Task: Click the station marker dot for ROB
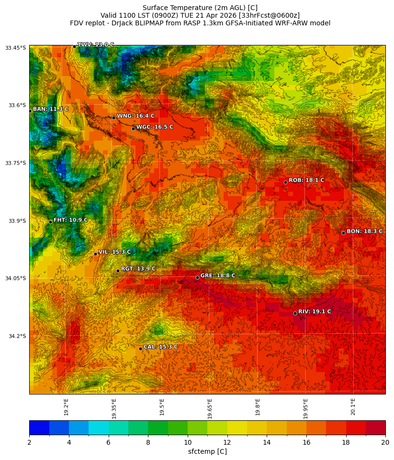[285, 182]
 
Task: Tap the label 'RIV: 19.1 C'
[314, 312]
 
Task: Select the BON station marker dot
[343, 233]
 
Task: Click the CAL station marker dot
[140, 349]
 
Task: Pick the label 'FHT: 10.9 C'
[70, 220]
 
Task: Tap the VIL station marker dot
[95, 254]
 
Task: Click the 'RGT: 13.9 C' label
[138, 269]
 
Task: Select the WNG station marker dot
[113, 118]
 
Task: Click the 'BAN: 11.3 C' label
[50, 110]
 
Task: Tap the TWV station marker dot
[74, 46]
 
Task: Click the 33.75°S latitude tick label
[15, 163]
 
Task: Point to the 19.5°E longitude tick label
[162, 406]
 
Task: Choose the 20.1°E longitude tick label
[353, 406]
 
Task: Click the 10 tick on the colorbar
[188, 443]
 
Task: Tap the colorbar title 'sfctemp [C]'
[207, 451]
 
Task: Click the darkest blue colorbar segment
[39, 427]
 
